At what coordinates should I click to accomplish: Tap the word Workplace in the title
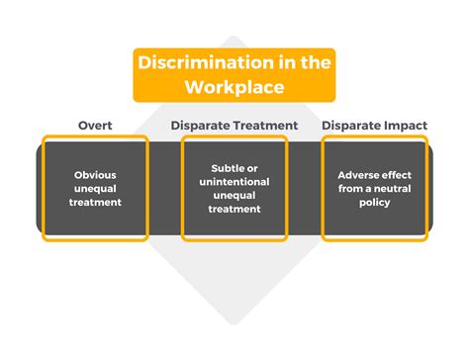pos(234,86)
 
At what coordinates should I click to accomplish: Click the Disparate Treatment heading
pos(234,125)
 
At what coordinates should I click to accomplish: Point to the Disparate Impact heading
pos(375,125)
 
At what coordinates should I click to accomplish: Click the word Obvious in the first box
pos(97,175)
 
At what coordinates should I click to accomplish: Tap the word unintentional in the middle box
pos(234,181)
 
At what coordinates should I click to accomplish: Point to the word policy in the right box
pos(375,202)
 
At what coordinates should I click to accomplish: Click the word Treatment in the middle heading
pos(262,125)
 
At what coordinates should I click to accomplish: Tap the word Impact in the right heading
pos(407,125)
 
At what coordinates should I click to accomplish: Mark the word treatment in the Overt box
pos(97,202)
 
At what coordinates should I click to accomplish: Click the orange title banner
pos(234,74)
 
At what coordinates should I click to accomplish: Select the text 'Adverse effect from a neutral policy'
pos(375,188)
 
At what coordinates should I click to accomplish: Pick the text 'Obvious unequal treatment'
pos(97,188)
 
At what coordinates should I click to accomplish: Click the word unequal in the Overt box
pos(97,188)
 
